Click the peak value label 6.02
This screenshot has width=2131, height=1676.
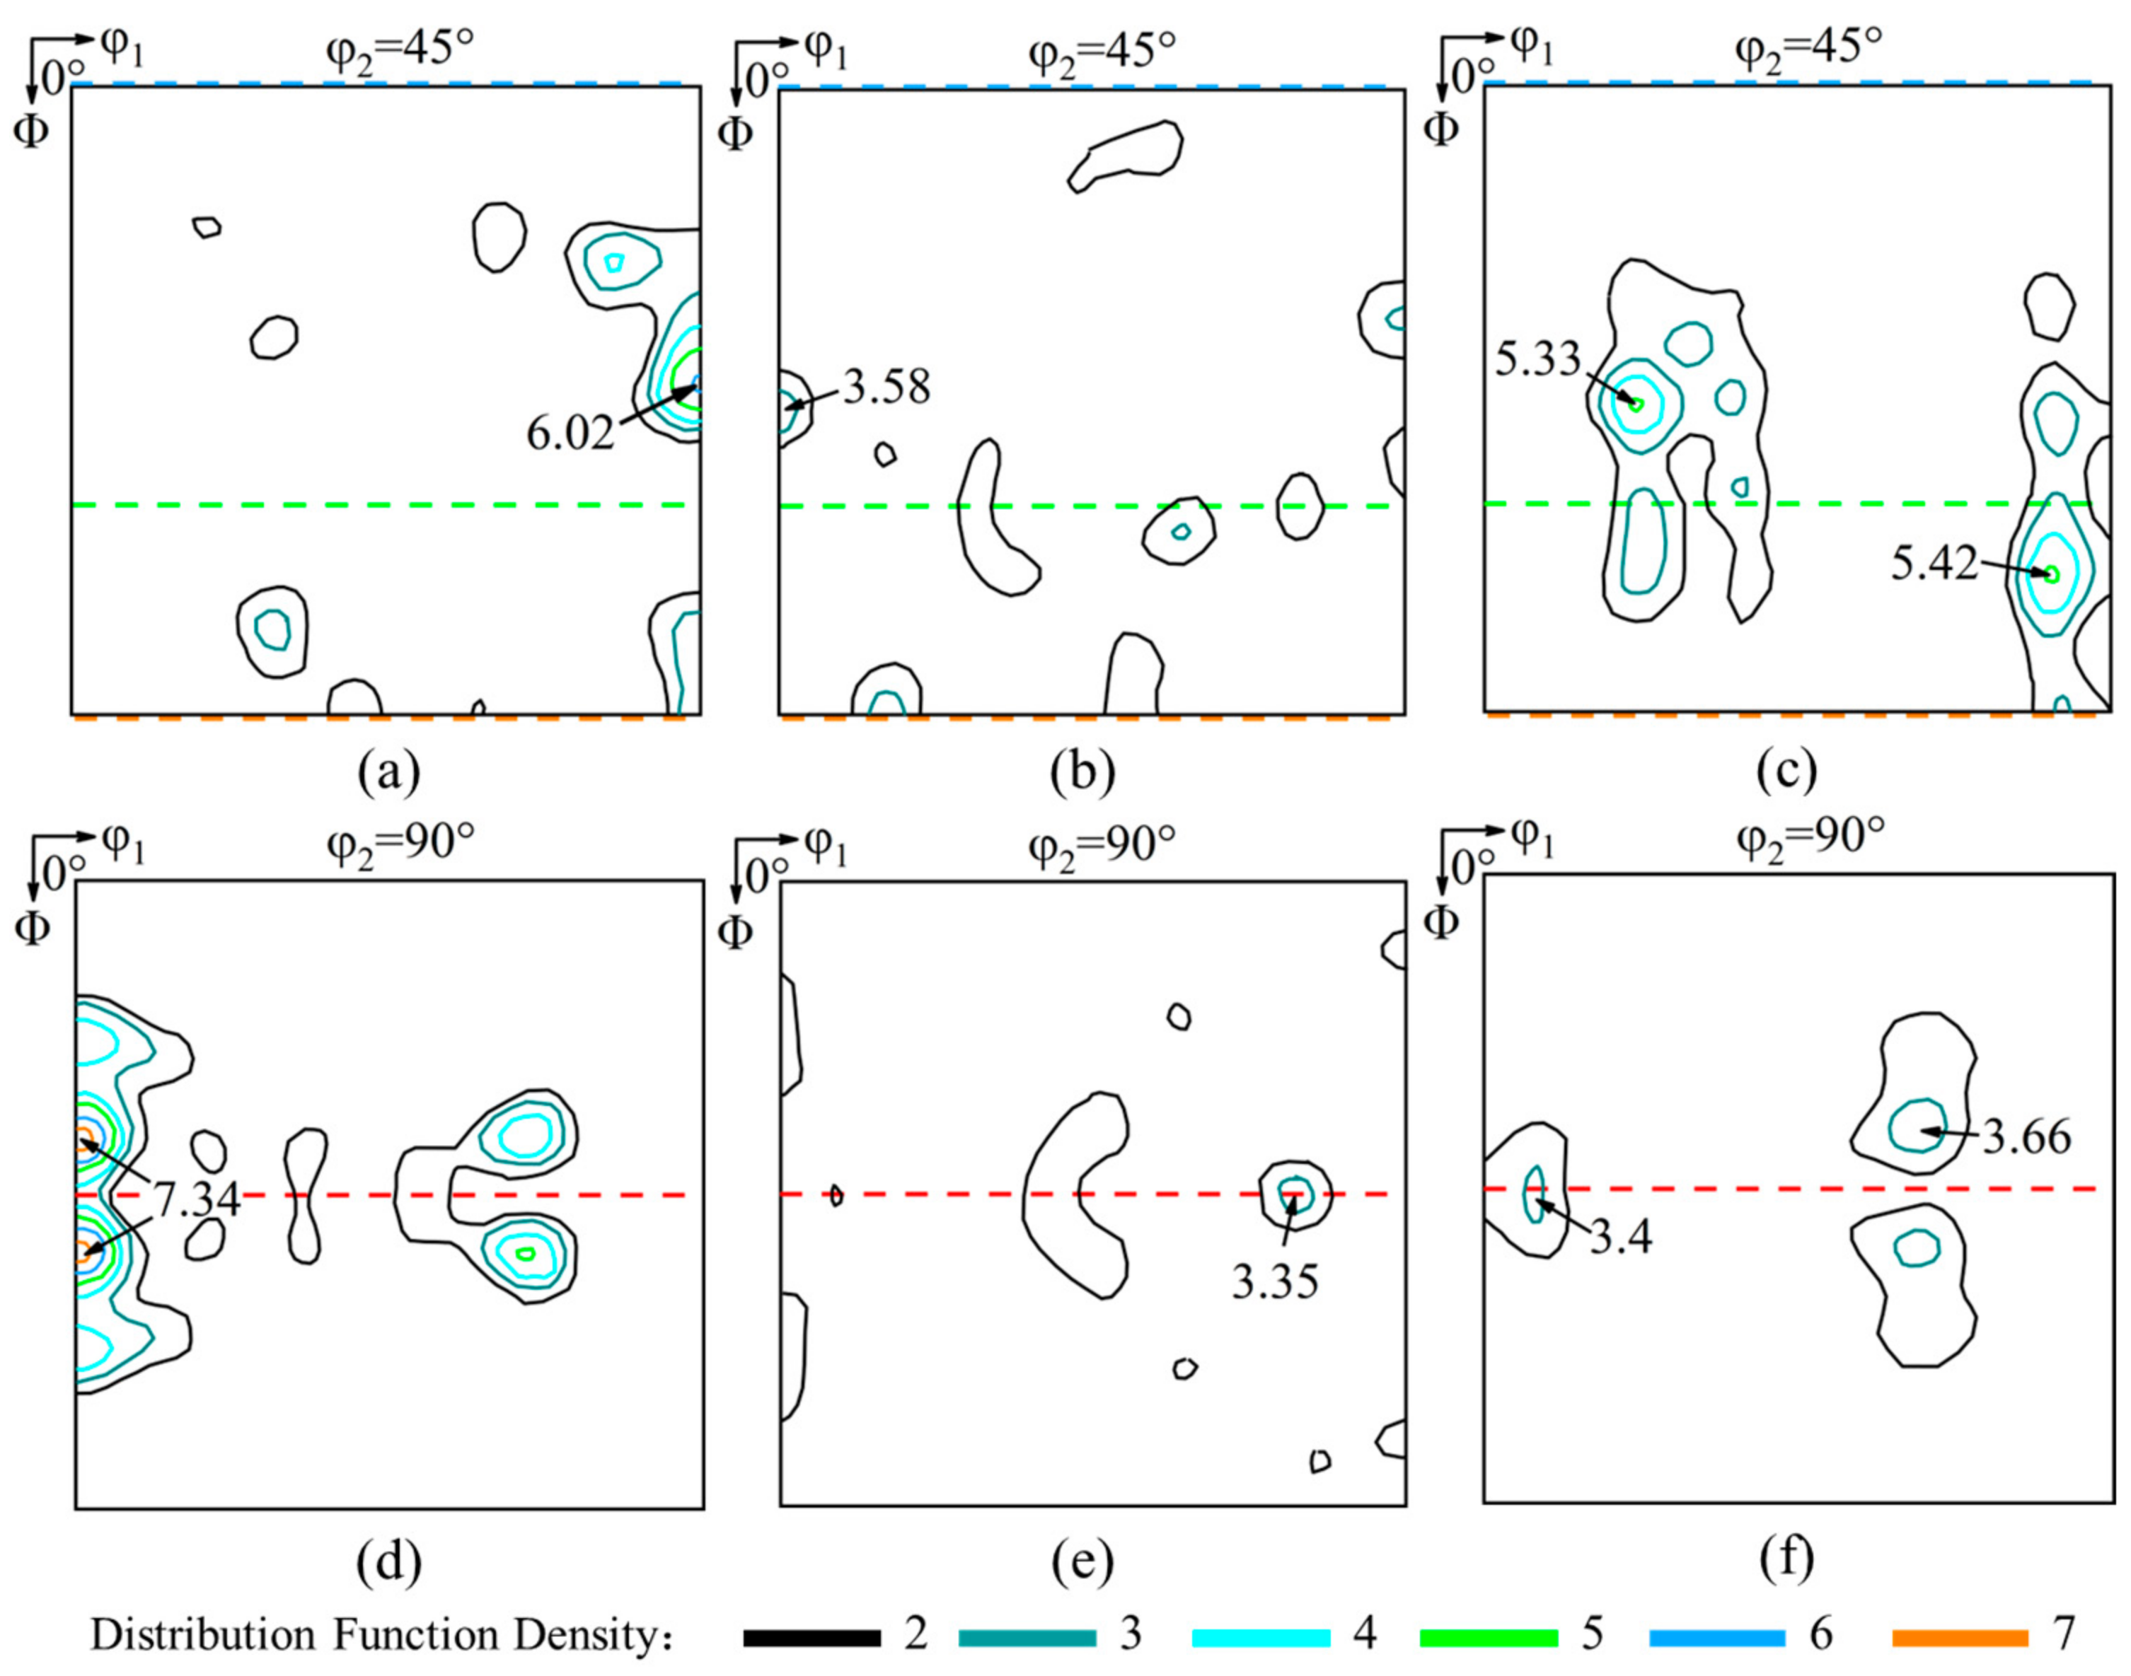(x=570, y=433)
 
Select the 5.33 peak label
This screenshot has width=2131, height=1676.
(x=1538, y=360)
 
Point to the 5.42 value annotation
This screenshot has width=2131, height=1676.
(x=1934, y=564)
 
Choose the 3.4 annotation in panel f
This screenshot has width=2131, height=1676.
(x=1621, y=1238)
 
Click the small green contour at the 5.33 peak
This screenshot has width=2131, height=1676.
(x=1635, y=402)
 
